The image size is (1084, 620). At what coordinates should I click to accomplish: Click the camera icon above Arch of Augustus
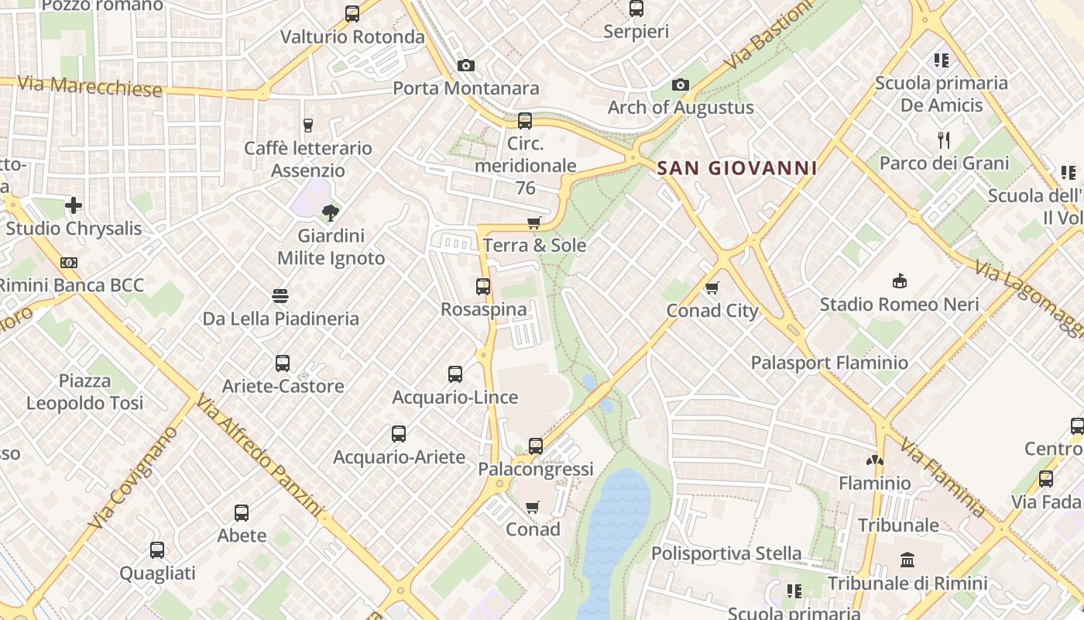(681, 85)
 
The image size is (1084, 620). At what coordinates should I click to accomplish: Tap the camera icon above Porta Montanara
(465, 66)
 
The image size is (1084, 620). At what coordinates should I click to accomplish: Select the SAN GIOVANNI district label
(737, 168)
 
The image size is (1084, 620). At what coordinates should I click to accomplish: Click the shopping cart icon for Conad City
(712, 288)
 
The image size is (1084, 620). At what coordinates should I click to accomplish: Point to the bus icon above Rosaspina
(483, 287)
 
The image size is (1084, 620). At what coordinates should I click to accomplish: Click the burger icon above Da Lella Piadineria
(280, 296)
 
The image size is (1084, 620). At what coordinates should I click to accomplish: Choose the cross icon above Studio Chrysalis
(74, 205)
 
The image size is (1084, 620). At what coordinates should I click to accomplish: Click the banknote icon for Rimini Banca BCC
(69, 263)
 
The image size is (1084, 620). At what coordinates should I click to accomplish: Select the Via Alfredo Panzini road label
(258, 456)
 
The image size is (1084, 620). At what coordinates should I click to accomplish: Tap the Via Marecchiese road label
(89, 86)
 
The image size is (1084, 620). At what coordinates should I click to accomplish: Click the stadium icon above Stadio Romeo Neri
(899, 281)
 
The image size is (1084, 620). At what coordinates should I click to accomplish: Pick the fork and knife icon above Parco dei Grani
(944, 140)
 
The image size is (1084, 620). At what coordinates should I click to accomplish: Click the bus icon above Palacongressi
(536, 446)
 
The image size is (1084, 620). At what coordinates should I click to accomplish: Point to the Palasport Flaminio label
(829, 363)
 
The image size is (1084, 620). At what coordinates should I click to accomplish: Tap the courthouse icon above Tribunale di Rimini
(907, 560)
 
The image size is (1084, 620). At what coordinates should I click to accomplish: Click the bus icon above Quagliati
(157, 550)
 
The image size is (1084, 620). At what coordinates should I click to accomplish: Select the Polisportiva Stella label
(726, 553)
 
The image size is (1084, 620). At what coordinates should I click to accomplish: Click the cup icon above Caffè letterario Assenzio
(308, 126)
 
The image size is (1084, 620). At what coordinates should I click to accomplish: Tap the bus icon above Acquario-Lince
(455, 374)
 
